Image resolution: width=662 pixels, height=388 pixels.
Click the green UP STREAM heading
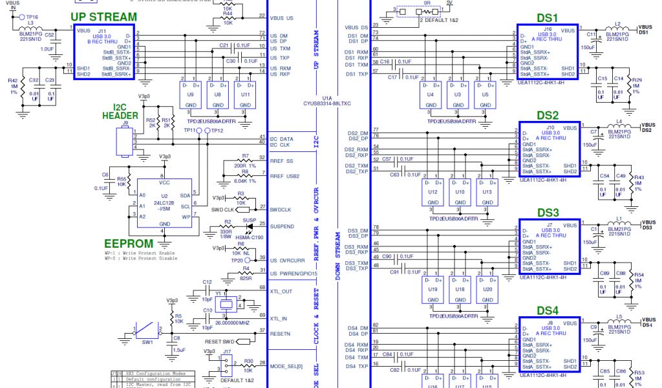point(103,16)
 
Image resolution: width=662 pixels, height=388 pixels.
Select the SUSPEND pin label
point(283,227)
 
